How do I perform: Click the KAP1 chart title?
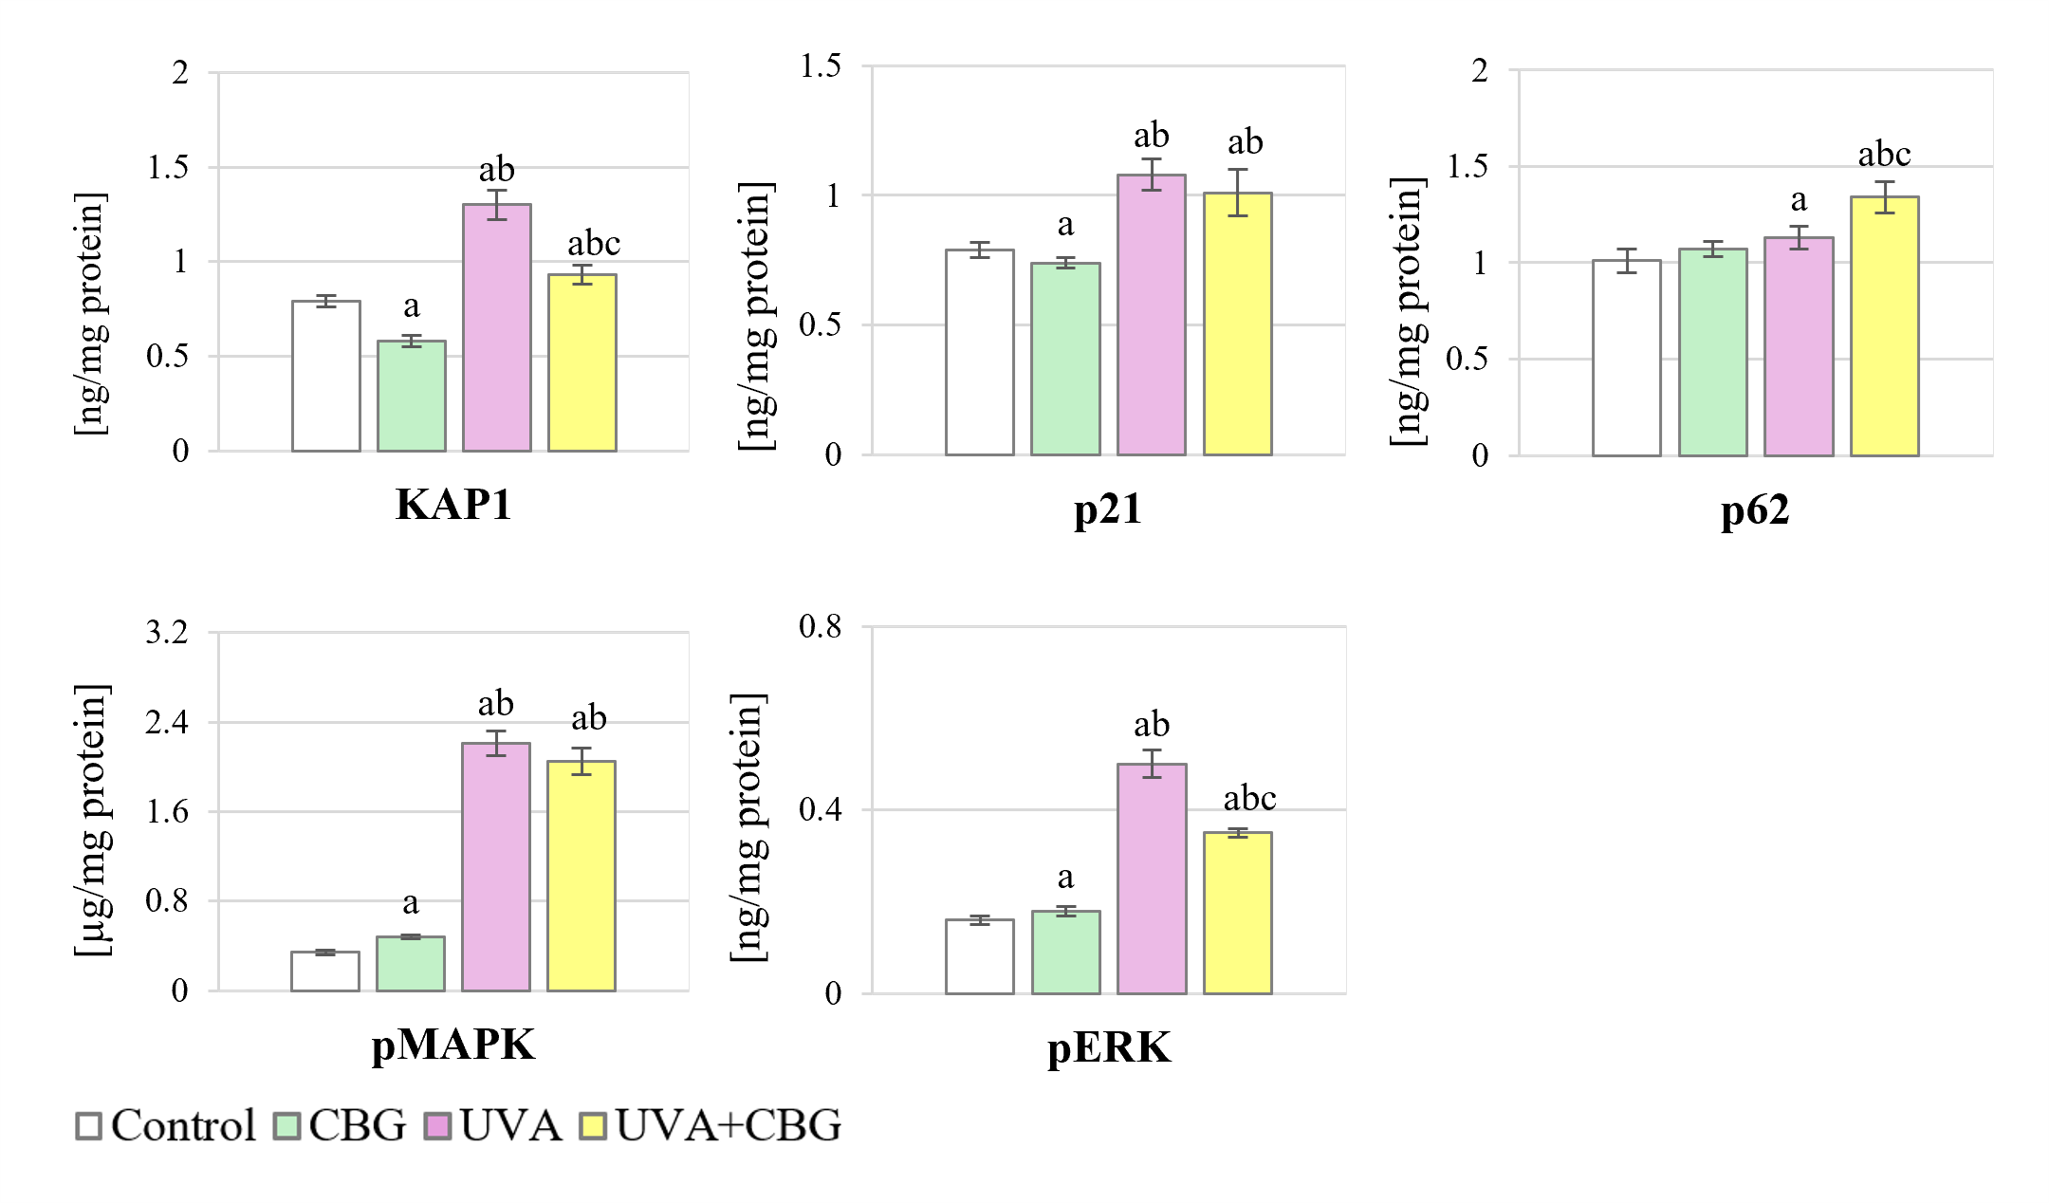[453, 505]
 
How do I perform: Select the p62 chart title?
[1755, 510]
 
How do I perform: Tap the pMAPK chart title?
[452, 1045]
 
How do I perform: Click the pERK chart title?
[1109, 1048]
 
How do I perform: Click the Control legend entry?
[166, 1126]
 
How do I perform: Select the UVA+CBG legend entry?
[711, 1126]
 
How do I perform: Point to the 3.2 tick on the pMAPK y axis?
[167, 632]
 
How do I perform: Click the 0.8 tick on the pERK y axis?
[820, 626]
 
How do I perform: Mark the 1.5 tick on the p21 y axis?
[820, 66]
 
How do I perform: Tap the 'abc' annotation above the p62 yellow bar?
[1884, 154]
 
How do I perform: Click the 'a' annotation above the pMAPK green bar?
[410, 902]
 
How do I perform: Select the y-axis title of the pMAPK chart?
[92, 820]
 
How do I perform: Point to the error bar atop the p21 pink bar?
[1152, 175]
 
